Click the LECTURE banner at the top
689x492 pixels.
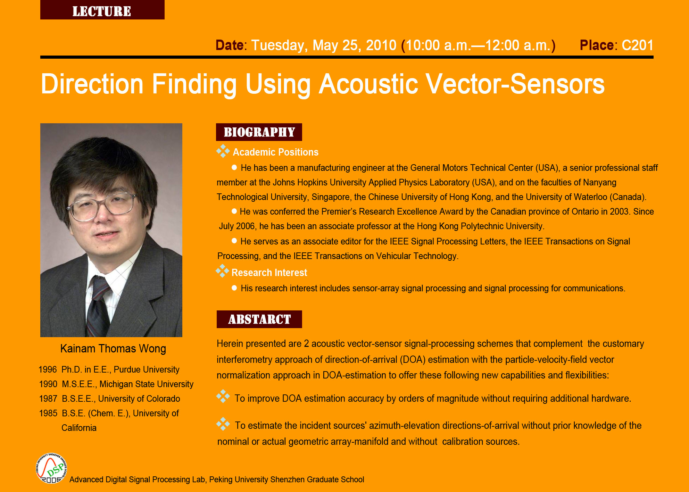(102, 10)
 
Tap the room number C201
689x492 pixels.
(638, 45)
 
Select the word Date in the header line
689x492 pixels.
(230, 45)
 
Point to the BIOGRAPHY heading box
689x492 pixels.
(259, 132)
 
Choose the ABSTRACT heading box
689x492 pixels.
(259, 319)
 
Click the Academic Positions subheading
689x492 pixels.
(275, 152)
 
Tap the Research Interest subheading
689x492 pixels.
(269, 273)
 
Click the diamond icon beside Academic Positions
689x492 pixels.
(223, 151)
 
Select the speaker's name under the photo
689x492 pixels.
(113, 349)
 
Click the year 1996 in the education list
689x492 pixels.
(48, 369)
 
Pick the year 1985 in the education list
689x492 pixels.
(48, 413)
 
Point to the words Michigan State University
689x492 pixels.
(146, 384)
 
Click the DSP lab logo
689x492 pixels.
(51, 468)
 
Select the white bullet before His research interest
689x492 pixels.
(234, 288)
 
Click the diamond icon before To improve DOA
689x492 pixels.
(223, 396)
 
